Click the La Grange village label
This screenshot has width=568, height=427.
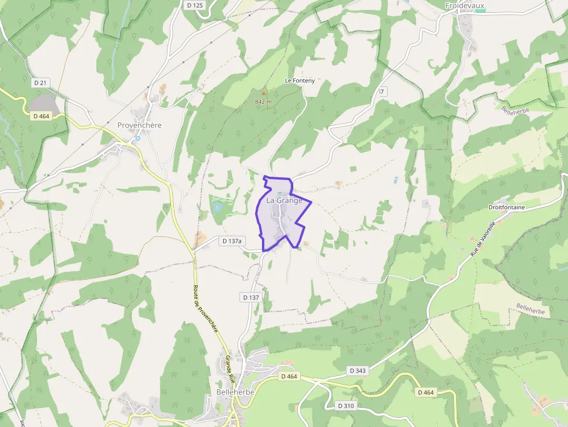point(284,200)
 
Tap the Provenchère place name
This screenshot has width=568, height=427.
point(139,125)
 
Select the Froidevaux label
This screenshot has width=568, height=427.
point(464,6)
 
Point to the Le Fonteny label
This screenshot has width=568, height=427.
point(300,81)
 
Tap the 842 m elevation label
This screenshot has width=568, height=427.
point(263,101)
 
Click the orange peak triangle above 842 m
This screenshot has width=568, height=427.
point(264,93)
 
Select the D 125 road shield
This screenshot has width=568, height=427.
point(195,5)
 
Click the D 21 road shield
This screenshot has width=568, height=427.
point(40,83)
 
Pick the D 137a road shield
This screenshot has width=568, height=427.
point(232,240)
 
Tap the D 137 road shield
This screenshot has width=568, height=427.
point(251,297)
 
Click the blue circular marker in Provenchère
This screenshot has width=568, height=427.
point(138,138)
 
